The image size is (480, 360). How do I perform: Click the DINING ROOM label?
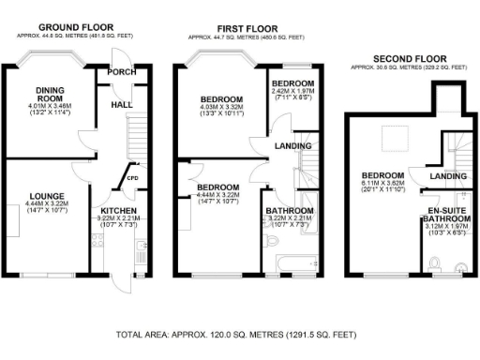coord(50,94)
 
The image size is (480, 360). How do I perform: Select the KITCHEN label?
coord(118,211)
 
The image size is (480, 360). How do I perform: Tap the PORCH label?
coord(122,72)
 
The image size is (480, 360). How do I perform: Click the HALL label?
coord(122,106)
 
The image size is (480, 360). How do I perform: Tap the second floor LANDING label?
coord(447,176)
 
